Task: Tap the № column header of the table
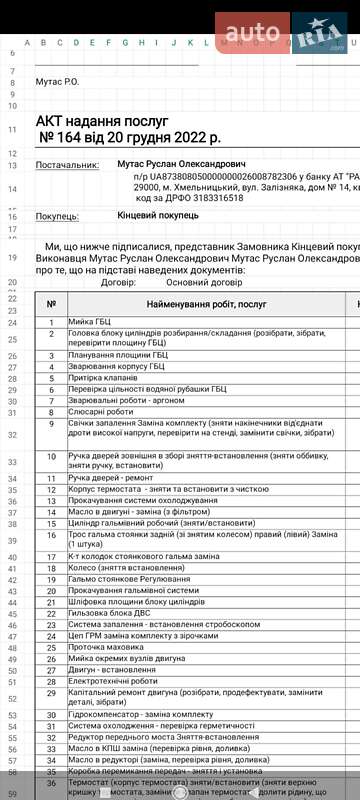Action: (51, 303)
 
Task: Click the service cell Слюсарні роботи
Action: (101, 411)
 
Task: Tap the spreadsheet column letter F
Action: (108, 43)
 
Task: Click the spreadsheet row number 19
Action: (12, 258)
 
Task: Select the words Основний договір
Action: (202, 282)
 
